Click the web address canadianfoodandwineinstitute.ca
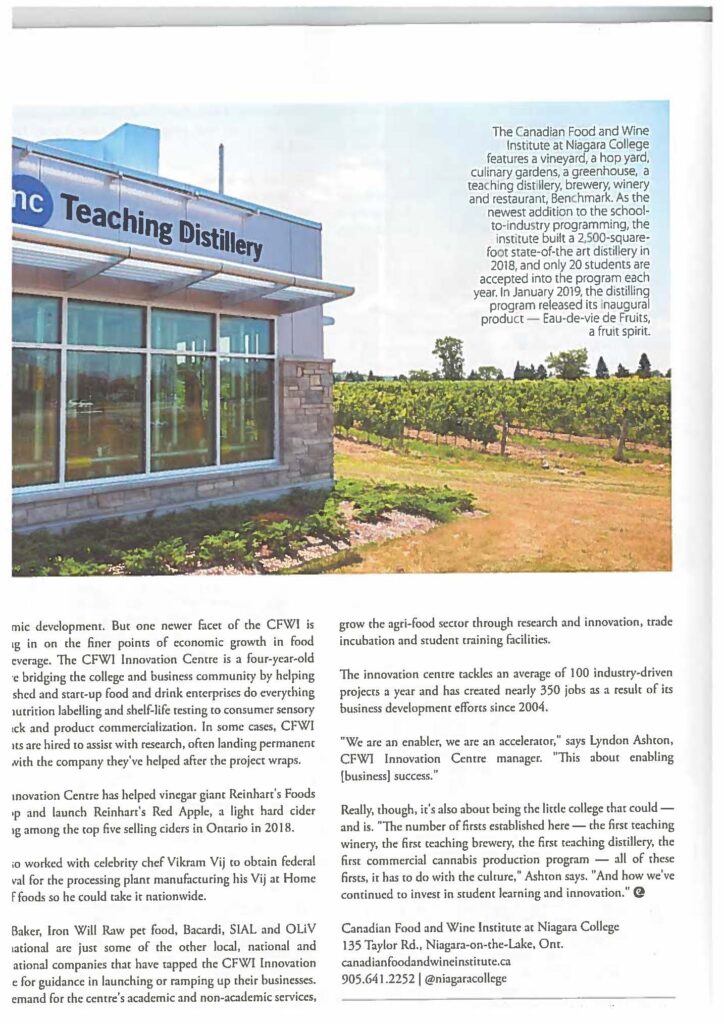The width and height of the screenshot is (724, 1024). coord(427,961)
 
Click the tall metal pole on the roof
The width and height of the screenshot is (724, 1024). coord(221,169)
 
